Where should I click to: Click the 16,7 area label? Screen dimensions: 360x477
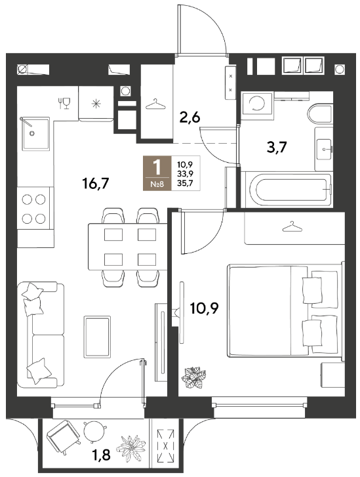[96, 184]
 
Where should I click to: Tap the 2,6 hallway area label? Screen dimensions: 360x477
[190, 117]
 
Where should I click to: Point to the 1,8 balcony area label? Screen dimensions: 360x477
[101, 455]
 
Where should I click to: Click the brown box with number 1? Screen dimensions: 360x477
[157, 173]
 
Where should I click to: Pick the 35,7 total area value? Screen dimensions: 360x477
[185, 183]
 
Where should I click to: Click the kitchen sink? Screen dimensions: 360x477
[35, 133]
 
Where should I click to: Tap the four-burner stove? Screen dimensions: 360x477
[33, 209]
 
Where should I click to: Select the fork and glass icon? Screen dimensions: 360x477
[64, 103]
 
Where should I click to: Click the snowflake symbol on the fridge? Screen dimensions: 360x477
[96, 104]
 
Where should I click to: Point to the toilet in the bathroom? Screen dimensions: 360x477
[320, 115]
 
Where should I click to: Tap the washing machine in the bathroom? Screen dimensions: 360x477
[257, 104]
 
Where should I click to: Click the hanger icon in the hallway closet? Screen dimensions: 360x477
[155, 104]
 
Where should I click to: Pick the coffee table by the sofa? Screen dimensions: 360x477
[97, 337]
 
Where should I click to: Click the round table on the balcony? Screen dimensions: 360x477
[94, 431]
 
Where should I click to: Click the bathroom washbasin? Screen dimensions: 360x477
[324, 149]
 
